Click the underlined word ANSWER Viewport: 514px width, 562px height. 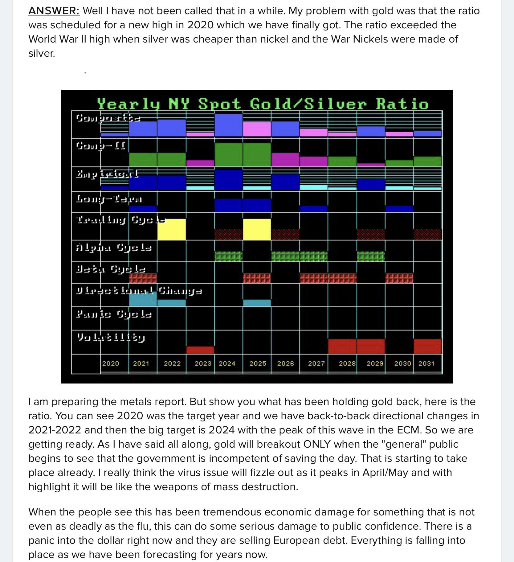54,11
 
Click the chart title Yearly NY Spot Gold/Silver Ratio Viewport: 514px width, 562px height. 263,104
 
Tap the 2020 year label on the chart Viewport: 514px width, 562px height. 111,363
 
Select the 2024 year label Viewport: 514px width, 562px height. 227,363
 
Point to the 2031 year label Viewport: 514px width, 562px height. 426,363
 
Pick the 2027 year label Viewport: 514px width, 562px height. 316,363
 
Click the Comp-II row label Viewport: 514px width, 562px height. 100,145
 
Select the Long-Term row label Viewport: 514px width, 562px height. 109,199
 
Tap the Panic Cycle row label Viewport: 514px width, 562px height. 114,314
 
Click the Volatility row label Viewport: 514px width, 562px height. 111,337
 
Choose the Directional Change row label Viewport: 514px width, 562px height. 139,291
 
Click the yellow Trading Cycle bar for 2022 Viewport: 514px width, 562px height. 172,229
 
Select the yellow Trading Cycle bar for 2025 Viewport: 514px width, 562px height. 257,229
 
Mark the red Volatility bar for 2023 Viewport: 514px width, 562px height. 200,350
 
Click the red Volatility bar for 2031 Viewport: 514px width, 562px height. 428,346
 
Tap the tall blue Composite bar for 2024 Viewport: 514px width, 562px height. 229,125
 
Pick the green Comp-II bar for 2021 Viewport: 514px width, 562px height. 143,160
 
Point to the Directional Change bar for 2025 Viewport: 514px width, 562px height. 257,303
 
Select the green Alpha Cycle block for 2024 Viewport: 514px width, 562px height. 229,256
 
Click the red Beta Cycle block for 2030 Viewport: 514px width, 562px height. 399,278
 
